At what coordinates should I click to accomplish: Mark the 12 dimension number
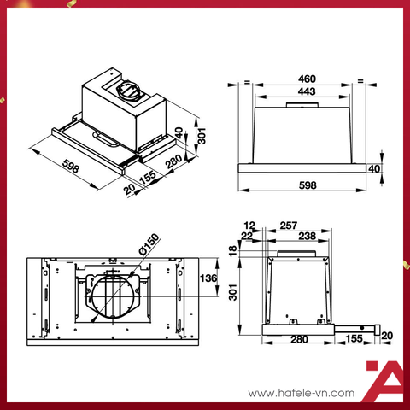[249, 225]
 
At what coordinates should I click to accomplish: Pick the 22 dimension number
[249, 236]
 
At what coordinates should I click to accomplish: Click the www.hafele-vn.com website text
[299, 393]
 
